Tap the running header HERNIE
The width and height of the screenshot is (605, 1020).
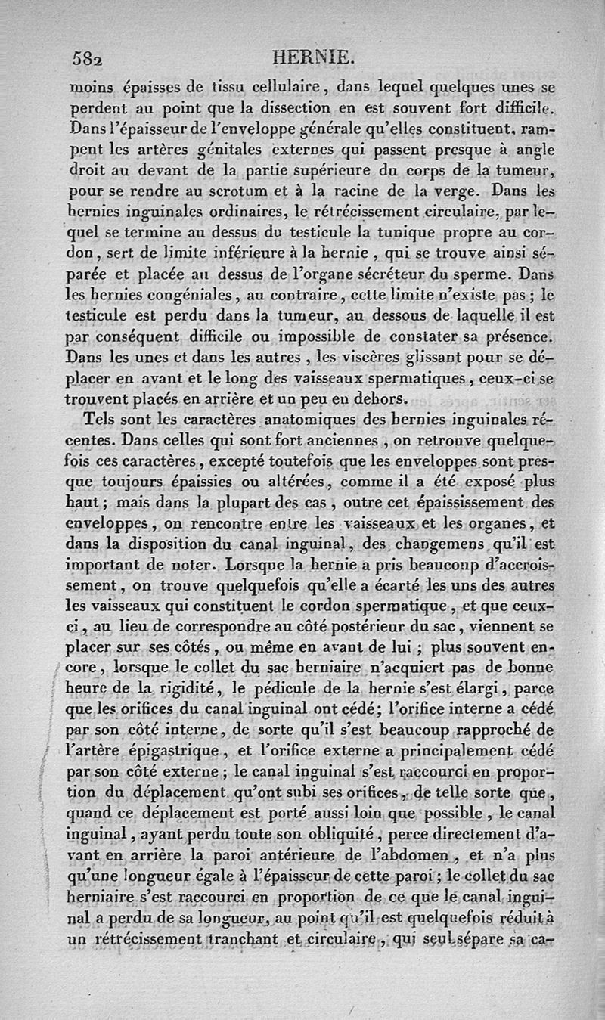[x=306, y=56]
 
